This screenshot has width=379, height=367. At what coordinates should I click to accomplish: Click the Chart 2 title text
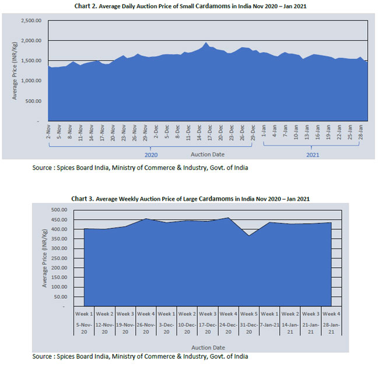pos(189,6)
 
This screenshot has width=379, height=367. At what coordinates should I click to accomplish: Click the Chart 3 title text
pos(189,198)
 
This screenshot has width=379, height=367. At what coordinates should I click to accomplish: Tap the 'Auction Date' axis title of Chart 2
pos(207,155)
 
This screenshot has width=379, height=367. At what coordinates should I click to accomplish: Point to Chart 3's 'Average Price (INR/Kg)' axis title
pos(45,256)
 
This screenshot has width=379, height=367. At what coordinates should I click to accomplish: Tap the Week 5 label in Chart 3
pos(249,313)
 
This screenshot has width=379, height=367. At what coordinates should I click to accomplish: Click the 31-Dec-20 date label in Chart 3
pos(249,327)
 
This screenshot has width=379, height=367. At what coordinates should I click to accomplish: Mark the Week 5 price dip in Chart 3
pos(249,235)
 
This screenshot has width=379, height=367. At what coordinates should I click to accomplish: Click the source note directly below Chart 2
pos(140,168)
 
